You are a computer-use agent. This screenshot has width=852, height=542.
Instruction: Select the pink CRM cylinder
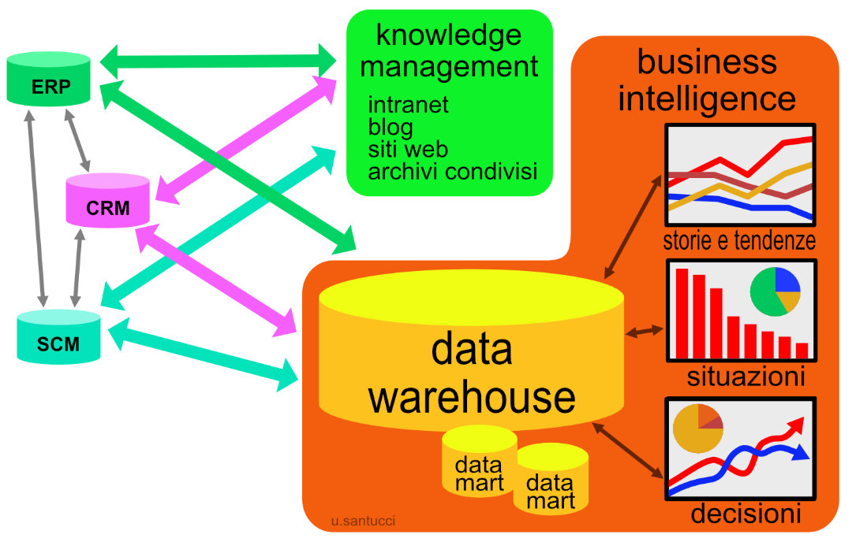tap(108, 202)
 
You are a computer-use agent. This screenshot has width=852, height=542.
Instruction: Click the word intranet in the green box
tap(408, 105)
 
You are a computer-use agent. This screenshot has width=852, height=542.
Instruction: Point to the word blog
tap(390, 127)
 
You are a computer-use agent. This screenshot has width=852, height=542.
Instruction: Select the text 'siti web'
tap(408, 149)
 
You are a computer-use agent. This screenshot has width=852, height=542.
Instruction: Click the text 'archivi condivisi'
tap(452, 171)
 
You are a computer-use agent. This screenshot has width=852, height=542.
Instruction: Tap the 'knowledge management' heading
tap(449, 51)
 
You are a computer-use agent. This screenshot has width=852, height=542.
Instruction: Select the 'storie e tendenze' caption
tap(739, 240)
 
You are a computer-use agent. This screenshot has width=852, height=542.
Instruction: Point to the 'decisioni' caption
tap(745, 514)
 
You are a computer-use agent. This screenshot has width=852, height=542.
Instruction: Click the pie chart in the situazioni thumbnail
tap(775, 291)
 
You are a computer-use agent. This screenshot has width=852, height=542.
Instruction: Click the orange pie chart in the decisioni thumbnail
tap(697, 429)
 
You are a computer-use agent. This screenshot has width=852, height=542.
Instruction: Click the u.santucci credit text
tap(364, 521)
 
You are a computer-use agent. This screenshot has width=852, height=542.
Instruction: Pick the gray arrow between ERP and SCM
tap(35, 206)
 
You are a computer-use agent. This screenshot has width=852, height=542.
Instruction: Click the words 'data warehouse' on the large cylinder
tap(472, 374)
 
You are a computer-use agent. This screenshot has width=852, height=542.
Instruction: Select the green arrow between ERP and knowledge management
tap(219, 60)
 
